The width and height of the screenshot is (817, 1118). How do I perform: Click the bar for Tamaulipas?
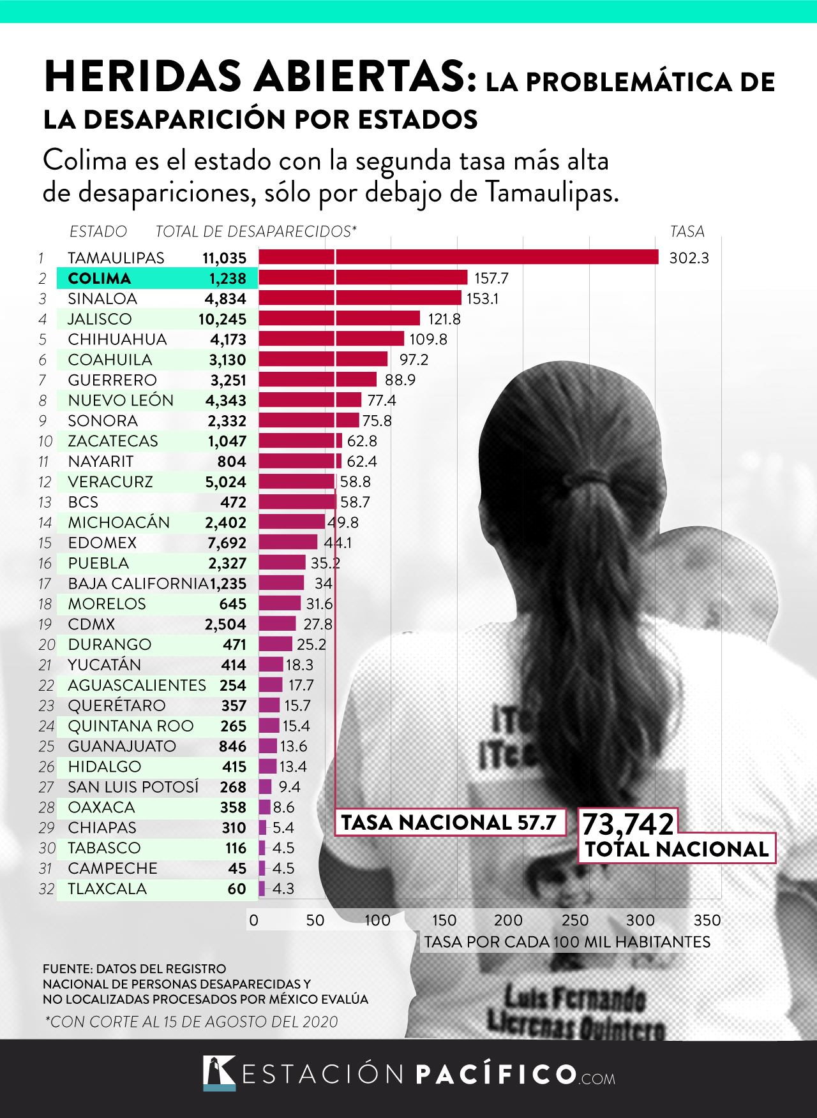point(458,257)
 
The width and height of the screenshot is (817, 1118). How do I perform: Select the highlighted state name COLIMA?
point(100,278)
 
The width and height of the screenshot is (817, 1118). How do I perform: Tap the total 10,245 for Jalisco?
point(222,319)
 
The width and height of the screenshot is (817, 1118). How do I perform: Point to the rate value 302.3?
point(689,258)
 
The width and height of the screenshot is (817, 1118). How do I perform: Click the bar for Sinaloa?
point(360,298)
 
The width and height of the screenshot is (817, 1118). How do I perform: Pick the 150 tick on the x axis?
point(444,920)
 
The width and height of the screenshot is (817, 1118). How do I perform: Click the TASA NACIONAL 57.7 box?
point(450,822)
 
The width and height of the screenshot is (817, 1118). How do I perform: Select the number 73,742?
point(628,824)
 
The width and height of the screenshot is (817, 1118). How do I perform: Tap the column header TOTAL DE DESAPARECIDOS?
point(255,232)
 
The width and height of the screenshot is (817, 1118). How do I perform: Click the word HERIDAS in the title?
point(143,77)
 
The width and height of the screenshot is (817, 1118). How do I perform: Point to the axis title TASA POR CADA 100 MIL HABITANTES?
point(567,942)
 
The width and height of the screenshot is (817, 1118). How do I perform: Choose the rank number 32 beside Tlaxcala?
point(47,888)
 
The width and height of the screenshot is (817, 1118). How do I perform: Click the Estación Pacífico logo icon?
point(219,1073)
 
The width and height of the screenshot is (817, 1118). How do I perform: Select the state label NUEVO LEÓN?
point(121,401)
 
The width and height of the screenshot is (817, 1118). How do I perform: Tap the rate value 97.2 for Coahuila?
point(414,360)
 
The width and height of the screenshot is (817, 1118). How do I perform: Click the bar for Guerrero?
point(318,379)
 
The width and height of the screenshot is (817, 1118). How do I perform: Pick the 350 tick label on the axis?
point(707,920)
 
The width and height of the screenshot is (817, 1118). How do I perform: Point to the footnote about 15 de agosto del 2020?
point(191,1022)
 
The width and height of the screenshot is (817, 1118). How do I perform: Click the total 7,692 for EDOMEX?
point(227,543)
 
